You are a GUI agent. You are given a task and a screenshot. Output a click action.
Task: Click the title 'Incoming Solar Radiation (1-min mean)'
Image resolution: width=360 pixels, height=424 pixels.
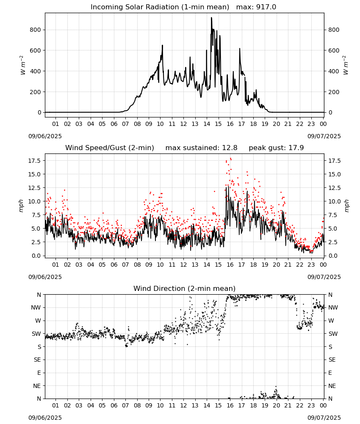[x=160, y=7]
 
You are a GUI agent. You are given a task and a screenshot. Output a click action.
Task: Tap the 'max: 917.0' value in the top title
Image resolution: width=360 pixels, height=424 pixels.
[x=256, y=7]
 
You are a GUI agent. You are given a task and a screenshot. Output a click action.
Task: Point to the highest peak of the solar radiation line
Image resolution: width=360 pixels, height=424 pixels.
[x=211, y=18]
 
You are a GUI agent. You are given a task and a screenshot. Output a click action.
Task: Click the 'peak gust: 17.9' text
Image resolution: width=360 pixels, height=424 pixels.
[x=276, y=148]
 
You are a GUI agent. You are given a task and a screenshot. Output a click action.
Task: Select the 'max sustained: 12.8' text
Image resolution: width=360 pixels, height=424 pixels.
[x=201, y=148]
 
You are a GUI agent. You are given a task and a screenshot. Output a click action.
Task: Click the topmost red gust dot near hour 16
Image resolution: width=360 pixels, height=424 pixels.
[x=230, y=159]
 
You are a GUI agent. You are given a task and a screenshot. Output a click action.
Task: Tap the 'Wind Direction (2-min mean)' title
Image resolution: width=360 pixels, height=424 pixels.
[x=185, y=288]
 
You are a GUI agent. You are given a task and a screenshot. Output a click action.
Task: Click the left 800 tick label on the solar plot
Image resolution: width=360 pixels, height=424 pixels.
[x=36, y=30]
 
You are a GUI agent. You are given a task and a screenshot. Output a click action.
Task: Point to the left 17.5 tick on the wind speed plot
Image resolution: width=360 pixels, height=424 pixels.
[x=35, y=161]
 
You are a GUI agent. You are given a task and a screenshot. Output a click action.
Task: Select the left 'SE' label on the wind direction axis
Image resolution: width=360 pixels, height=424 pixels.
[x=37, y=360]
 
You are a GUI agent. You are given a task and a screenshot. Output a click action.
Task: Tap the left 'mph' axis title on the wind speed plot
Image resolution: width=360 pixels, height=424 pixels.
[x=21, y=206]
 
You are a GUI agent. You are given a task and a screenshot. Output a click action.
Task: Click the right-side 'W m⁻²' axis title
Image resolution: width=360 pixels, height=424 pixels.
[x=346, y=65]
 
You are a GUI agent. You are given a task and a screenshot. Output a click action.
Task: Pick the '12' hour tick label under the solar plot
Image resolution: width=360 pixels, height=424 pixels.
[x=183, y=124]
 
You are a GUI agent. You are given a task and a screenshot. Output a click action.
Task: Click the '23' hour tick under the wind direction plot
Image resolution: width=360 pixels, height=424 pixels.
[x=311, y=405]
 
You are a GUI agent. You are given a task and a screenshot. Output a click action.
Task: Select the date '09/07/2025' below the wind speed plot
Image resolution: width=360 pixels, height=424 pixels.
[x=324, y=277]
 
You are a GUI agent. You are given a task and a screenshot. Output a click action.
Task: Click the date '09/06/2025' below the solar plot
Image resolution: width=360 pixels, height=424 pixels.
[x=45, y=136]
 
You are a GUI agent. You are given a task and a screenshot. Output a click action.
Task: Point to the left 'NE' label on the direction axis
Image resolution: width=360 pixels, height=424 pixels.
[x=37, y=386]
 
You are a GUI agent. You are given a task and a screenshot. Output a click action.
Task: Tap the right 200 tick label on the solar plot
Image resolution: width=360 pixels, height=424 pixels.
[x=334, y=92]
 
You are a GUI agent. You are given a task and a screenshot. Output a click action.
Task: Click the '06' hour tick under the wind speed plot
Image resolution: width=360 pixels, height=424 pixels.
[x=114, y=265]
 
